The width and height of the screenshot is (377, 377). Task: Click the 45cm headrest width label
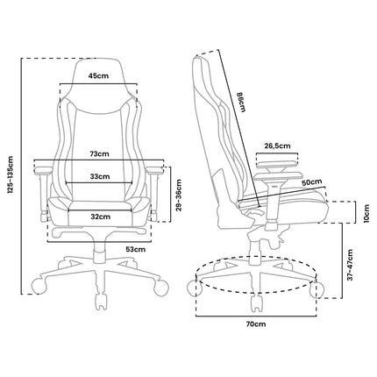click(98, 76)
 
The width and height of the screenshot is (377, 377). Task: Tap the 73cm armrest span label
click(99, 153)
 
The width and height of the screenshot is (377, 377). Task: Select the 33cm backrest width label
click(100, 176)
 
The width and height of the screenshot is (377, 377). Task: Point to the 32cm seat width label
click(100, 217)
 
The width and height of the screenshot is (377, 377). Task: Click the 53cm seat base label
click(135, 249)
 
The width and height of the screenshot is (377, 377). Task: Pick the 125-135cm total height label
click(11, 175)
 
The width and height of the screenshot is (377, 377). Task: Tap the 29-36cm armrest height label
click(179, 195)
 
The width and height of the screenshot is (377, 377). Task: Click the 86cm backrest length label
click(241, 102)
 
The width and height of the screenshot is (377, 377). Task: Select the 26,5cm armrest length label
click(277, 146)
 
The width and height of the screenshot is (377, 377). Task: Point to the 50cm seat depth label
click(312, 182)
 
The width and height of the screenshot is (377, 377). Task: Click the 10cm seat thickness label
click(366, 213)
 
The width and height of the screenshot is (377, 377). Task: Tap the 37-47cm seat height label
click(351, 265)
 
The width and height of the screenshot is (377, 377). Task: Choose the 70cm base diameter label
click(256, 324)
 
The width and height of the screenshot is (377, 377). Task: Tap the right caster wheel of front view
click(161, 288)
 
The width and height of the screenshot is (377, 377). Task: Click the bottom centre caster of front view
click(101, 302)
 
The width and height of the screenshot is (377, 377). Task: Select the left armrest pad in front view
click(43, 170)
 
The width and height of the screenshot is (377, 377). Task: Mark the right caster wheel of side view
click(317, 289)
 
